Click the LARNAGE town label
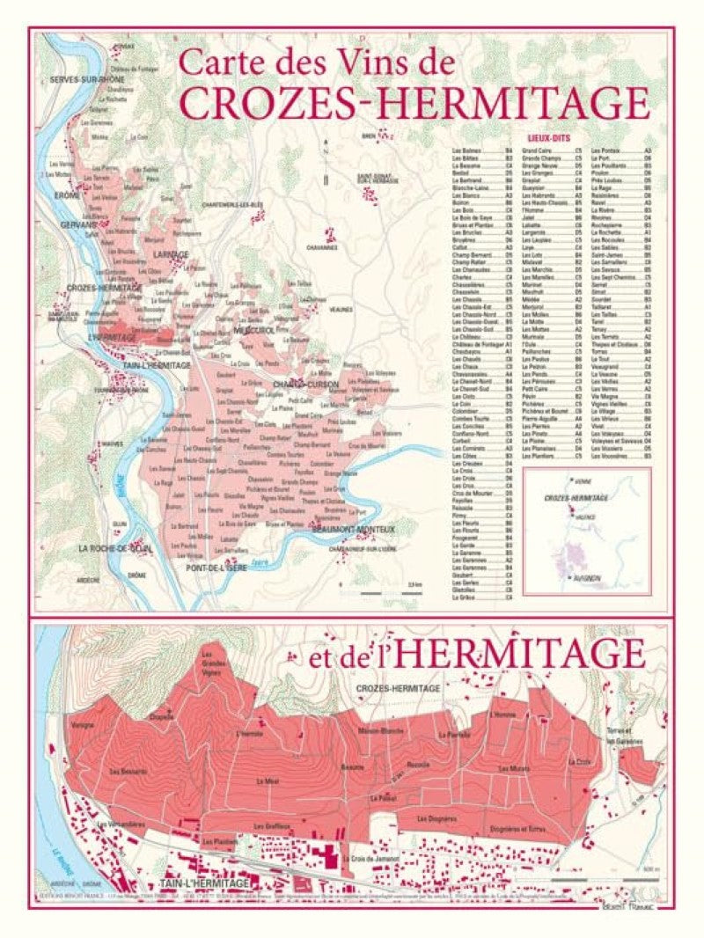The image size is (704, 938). pos(171,254)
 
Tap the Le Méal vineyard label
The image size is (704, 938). pos(268,780)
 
